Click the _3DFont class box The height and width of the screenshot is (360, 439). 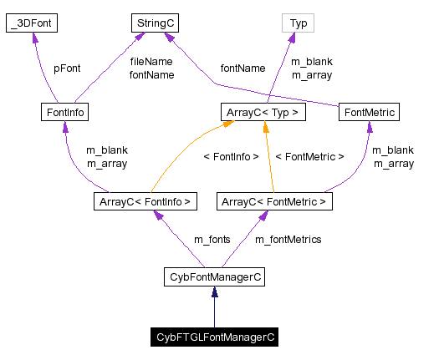pyautogui.click(x=31, y=23)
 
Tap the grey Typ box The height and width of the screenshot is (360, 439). pyautogui.click(x=299, y=23)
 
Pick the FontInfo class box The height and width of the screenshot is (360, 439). pyautogui.click(x=64, y=111)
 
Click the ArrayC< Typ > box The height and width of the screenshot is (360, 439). pyautogui.click(x=263, y=111)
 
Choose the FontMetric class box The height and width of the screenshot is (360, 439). pyautogui.click(x=369, y=111)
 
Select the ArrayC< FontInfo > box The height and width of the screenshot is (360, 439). pyautogui.click(x=145, y=201)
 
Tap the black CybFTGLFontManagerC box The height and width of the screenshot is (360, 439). pyautogui.click(x=215, y=337)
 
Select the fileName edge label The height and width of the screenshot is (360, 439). pyautogui.click(x=151, y=62)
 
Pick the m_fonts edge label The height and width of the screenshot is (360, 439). pyautogui.click(x=212, y=240)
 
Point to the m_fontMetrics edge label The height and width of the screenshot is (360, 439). pyautogui.click(x=288, y=240)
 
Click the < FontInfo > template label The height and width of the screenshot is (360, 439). pyautogui.click(x=231, y=156)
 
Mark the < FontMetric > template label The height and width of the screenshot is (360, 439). pyautogui.click(x=309, y=156)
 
